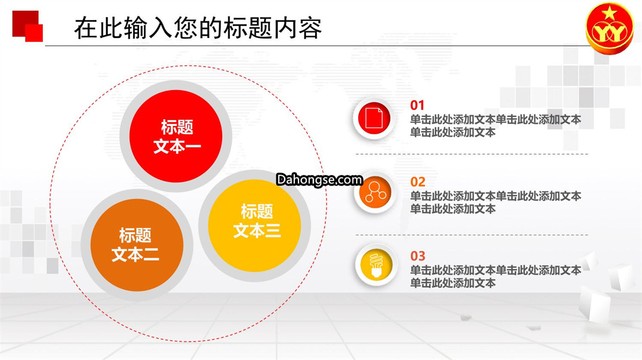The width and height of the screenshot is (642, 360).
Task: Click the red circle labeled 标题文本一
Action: pyautogui.click(x=176, y=136)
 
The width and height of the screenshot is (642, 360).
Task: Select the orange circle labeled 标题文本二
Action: pyautogui.click(x=137, y=245)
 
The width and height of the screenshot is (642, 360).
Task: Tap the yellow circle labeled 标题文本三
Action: pyautogui.click(x=254, y=225)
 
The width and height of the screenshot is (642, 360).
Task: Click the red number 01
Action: pyautogui.click(x=417, y=105)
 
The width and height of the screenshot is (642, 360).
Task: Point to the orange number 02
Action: pyautogui.click(x=418, y=182)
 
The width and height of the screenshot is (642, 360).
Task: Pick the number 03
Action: pyautogui.click(x=418, y=256)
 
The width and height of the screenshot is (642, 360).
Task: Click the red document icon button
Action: pyautogui.click(x=374, y=118)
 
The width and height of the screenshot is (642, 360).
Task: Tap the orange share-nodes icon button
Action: pyautogui.click(x=375, y=192)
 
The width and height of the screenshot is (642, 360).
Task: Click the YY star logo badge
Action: pyautogui.click(x=609, y=29)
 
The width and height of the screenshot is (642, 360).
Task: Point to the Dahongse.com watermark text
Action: pyautogui.click(x=319, y=179)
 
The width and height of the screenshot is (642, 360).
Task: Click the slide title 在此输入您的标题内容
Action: pyautogui.click(x=198, y=28)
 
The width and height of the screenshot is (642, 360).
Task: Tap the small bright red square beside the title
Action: pyautogui.click(x=34, y=33)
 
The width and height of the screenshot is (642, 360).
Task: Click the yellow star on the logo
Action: pyautogui.click(x=609, y=14)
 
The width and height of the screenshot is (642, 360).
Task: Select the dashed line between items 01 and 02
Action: pyautogui.click(x=471, y=154)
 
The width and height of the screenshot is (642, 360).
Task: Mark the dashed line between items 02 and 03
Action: pyautogui.click(x=471, y=235)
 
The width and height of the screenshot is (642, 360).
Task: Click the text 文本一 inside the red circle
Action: pyautogui.click(x=177, y=146)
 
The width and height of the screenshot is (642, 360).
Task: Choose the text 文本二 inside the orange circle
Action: pyautogui.click(x=135, y=254)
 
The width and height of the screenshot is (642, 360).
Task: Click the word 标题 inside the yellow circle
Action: pyautogui.click(x=257, y=211)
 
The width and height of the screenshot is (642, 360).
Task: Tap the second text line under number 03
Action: pyautogui.click(x=453, y=283)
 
